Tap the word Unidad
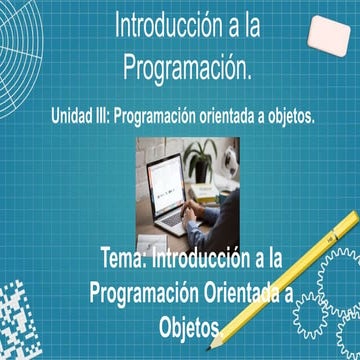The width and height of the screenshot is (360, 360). click(73, 117)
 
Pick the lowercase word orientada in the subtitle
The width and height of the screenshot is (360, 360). click(239, 117)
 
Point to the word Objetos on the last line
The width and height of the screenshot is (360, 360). click(187, 326)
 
